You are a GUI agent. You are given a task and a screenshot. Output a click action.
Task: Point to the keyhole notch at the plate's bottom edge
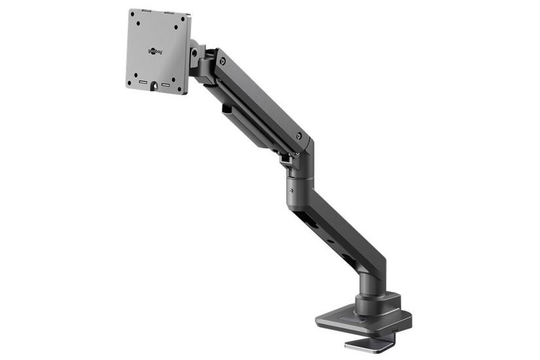click(x=154, y=85)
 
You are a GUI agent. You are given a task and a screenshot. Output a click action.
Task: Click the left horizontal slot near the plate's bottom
click(x=142, y=82)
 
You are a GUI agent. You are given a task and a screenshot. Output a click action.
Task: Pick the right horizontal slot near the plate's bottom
click(x=166, y=84)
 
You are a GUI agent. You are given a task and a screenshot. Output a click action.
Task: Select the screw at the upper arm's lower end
click(x=299, y=136)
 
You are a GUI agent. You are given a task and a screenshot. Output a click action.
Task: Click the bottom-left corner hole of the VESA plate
click(x=130, y=82)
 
